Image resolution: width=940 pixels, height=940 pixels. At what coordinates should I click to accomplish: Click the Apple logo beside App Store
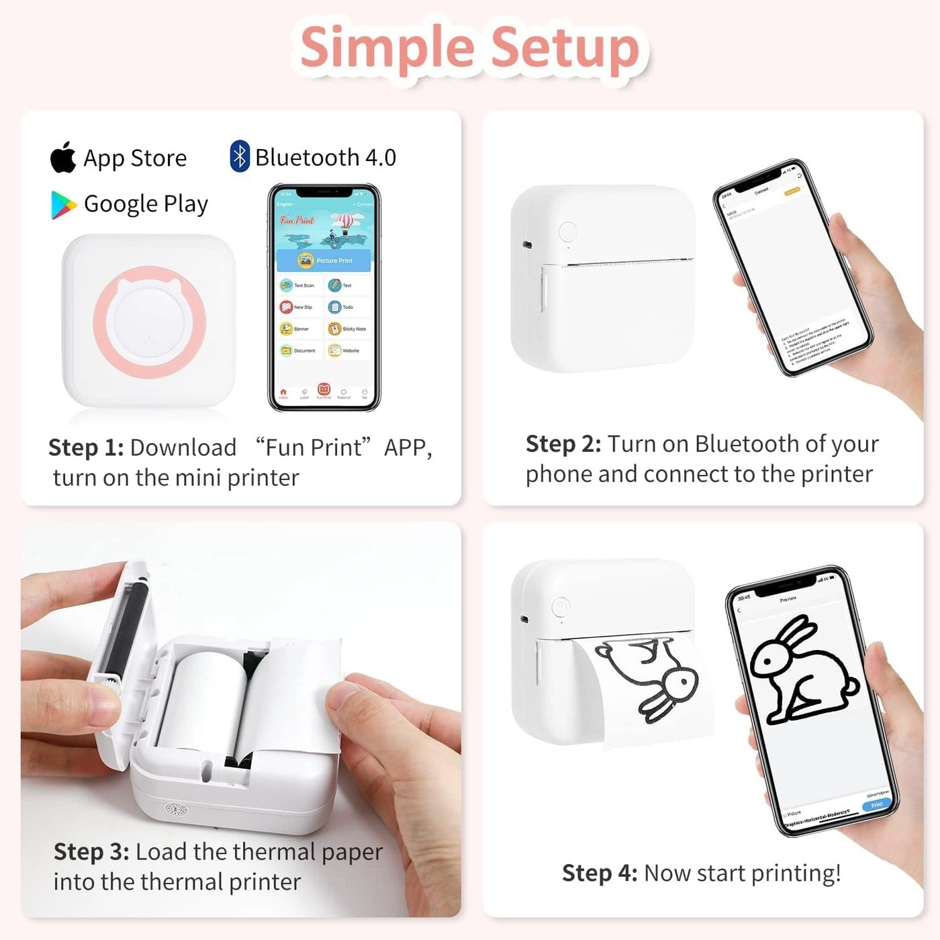click(64, 157)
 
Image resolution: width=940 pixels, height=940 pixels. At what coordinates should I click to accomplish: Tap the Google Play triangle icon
click(63, 205)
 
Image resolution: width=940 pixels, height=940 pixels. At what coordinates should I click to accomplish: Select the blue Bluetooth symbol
click(239, 156)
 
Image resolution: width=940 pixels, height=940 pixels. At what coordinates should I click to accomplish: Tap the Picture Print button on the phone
click(324, 260)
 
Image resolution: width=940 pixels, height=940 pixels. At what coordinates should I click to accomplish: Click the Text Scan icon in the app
click(287, 285)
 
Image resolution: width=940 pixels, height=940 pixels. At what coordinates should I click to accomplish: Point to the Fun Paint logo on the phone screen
click(297, 220)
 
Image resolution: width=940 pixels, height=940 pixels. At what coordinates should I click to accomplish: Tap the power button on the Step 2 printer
click(567, 232)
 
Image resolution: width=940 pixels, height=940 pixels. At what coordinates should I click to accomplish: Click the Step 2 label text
click(563, 444)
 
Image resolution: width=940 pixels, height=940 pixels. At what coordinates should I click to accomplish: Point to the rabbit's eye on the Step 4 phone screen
click(767, 661)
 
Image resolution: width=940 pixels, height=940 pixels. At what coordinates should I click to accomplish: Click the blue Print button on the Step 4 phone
click(876, 804)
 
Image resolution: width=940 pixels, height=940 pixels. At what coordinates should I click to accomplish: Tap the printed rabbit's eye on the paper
click(684, 681)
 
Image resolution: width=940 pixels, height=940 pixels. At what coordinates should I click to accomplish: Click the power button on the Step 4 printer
click(561, 607)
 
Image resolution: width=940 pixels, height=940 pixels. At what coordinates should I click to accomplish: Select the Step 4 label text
click(599, 873)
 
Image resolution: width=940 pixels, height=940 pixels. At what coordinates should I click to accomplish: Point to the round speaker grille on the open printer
click(176, 810)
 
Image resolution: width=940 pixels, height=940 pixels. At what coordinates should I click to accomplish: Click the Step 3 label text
click(91, 851)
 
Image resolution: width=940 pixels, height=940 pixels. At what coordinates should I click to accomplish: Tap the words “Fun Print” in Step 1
click(314, 447)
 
